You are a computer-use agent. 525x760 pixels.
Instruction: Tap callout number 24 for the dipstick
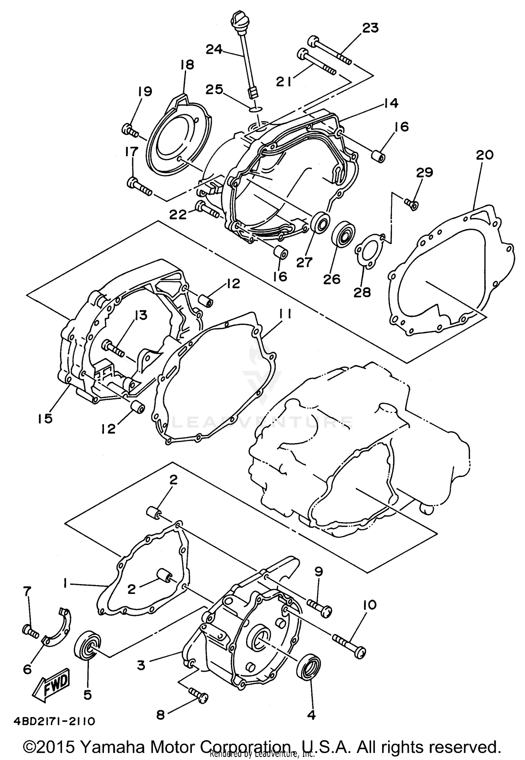(x=214, y=50)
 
